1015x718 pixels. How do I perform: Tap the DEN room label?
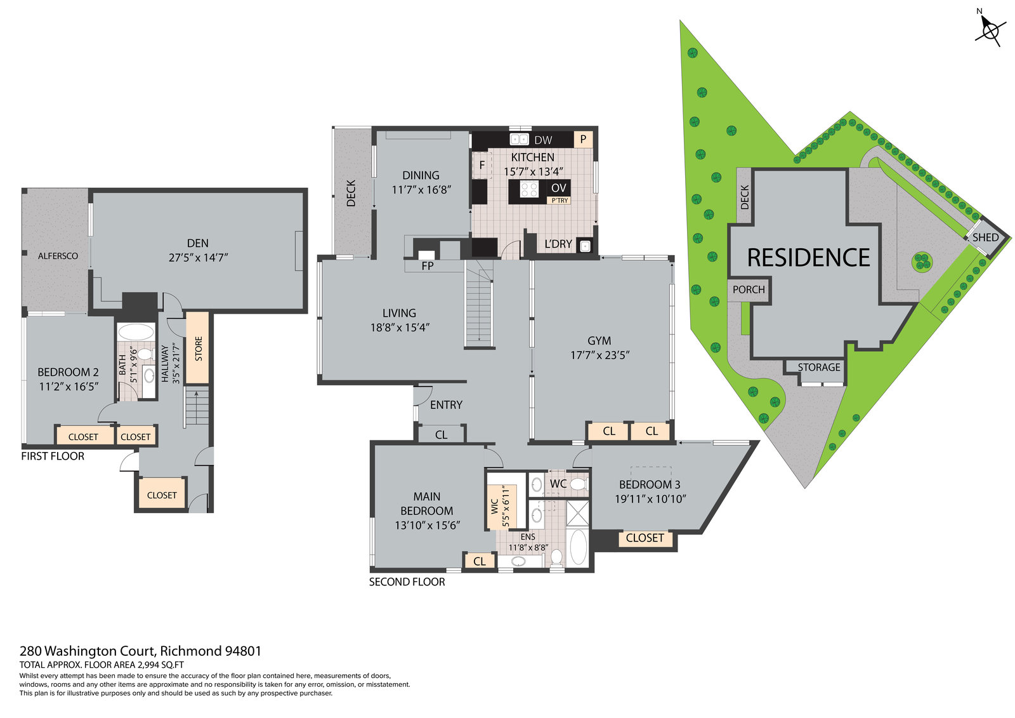(198, 243)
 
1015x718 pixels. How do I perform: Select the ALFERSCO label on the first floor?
(58, 256)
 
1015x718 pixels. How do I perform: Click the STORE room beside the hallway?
(197, 348)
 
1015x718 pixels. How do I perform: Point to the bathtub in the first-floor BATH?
(136, 331)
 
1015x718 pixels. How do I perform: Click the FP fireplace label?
(428, 266)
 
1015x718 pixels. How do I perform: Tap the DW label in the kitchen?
(543, 140)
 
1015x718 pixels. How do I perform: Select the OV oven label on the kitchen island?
(559, 188)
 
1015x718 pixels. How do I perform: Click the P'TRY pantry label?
(560, 201)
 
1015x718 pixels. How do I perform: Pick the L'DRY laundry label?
(558, 244)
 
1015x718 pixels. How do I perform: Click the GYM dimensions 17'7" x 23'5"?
(600, 355)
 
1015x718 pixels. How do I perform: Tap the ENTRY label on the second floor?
(447, 404)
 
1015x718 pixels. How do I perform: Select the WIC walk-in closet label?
(494, 507)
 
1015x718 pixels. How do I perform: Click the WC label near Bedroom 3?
(558, 484)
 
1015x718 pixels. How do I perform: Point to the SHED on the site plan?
(986, 237)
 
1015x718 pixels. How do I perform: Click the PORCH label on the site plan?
(749, 289)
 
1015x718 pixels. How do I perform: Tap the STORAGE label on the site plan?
(819, 367)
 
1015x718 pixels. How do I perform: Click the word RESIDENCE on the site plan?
(808, 258)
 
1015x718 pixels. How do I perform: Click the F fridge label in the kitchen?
(482, 165)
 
